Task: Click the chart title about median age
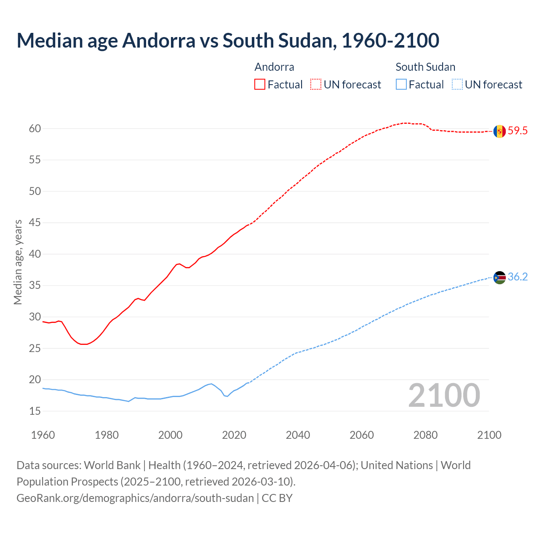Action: (228, 41)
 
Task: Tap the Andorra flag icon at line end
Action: (499, 131)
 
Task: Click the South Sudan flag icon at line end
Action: (499, 278)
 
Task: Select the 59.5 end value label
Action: (518, 131)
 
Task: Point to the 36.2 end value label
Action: (518, 277)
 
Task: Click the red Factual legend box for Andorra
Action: (260, 85)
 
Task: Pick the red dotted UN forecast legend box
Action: (316, 85)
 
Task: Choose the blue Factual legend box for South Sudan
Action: (401, 85)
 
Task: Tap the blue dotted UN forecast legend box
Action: (457, 85)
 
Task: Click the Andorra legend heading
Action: (274, 67)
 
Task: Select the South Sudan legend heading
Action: (425, 67)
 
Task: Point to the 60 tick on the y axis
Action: (35, 129)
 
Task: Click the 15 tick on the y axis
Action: (35, 411)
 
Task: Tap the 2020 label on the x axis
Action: (234, 435)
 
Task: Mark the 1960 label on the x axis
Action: (43, 435)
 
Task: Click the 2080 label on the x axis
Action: (425, 435)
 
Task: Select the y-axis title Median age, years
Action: (18, 262)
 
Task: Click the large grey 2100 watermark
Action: (444, 395)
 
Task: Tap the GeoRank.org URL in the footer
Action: (135, 498)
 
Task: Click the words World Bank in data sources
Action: (112, 465)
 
